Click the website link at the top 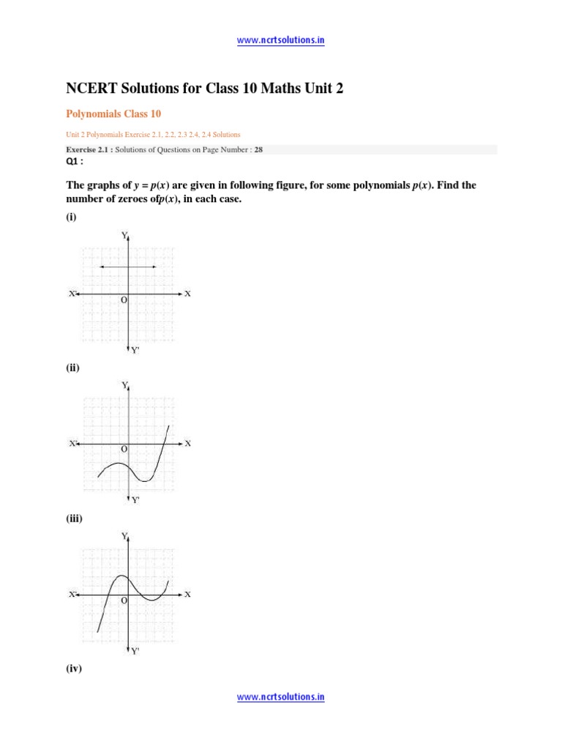click(x=280, y=40)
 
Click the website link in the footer click(x=280, y=697)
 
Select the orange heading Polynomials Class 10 click(x=113, y=114)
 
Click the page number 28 click(x=258, y=149)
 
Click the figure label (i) click(x=71, y=218)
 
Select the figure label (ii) click(x=72, y=368)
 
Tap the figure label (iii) click(x=74, y=519)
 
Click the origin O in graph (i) click(x=124, y=300)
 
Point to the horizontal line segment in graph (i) click(x=128, y=267)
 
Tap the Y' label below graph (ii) click(x=135, y=500)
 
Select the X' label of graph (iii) click(x=73, y=595)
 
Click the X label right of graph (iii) click(x=187, y=594)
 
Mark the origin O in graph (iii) click(x=124, y=601)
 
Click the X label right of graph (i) click(x=187, y=294)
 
